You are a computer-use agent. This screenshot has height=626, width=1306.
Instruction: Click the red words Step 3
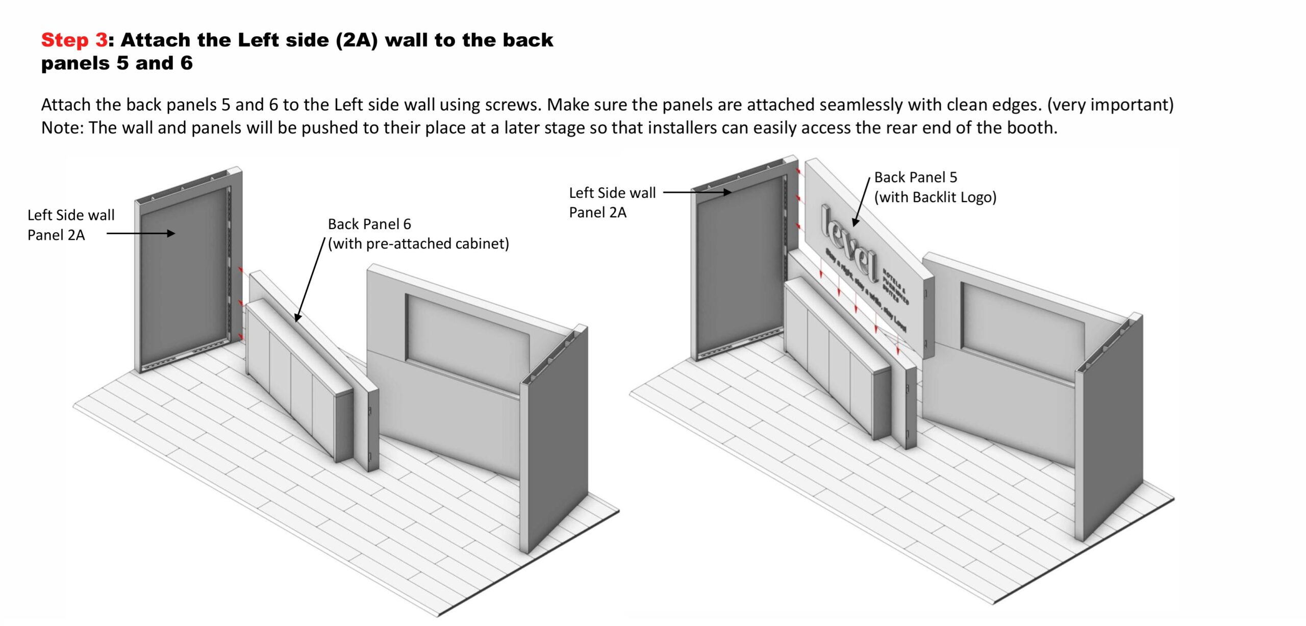pyautogui.click(x=74, y=40)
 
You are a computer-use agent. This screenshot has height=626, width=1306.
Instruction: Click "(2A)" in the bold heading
pyautogui.click(x=357, y=40)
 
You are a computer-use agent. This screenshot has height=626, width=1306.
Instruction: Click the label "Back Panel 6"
pyautogui.click(x=369, y=224)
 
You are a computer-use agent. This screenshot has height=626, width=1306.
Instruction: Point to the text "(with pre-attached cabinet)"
pyautogui.click(x=418, y=244)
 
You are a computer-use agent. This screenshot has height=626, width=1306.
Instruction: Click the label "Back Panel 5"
pyautogui.click(x=916, y=177)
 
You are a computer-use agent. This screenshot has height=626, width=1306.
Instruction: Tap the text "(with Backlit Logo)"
pyautogui.click(x=935, y=197)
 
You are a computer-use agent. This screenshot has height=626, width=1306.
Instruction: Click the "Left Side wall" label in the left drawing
pyautogui.click(x=71, y=215)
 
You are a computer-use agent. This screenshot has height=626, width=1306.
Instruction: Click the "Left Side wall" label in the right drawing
pyautogui.click(x=612, y=193)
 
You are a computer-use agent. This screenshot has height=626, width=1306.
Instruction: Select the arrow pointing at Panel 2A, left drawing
pyautogui.click(x=141, y=234)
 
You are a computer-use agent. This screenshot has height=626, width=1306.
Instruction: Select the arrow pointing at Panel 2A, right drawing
pyautogui.click(x=697, y=192)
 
